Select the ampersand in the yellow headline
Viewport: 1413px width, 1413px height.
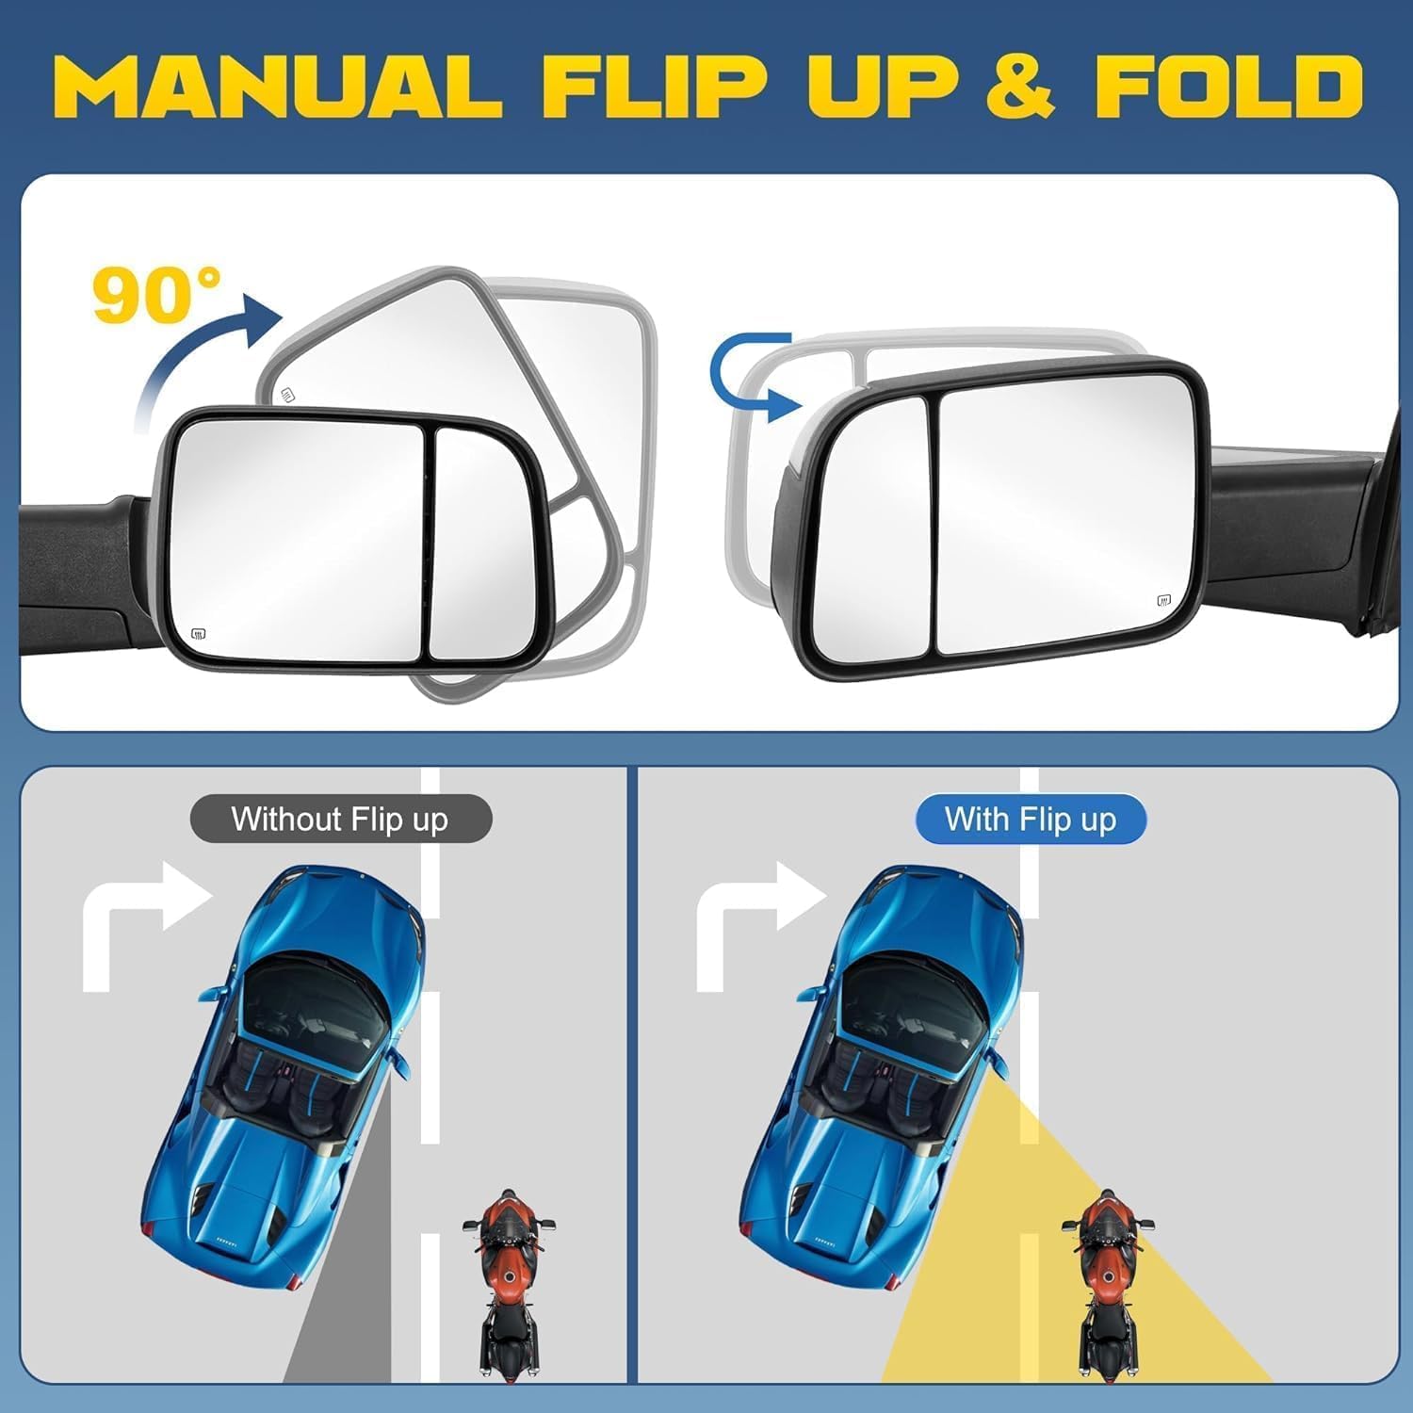[x=1019, y=87]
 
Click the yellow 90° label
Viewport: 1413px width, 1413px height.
[x=156, y=295]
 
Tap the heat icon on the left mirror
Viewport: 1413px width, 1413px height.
[x=199, y=633]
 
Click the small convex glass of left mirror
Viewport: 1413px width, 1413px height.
[x=480, y=546]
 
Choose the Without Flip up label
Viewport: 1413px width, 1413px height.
[x=340, y=820]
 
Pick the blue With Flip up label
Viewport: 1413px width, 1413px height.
[x=1031, y=820]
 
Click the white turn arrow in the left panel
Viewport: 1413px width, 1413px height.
[x=141, y=918]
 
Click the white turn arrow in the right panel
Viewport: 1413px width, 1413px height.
[x=754, y=918]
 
